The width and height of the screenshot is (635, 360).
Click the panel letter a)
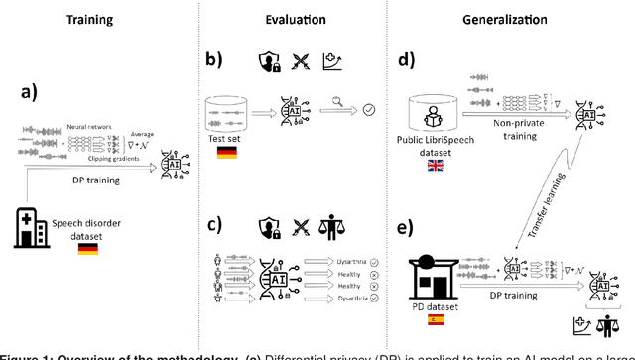click(x=33, y=95)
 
